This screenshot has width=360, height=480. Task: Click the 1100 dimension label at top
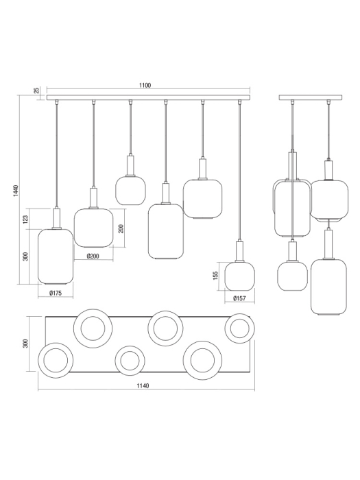point(144,86)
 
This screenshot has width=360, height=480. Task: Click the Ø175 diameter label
point(56,293)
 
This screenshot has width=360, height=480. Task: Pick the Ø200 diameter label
point(93,256)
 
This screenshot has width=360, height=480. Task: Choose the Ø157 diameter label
point(239,298)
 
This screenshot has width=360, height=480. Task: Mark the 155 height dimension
point(215,276)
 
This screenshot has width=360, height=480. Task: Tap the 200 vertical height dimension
point(121,228)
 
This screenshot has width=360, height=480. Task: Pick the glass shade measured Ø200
point(93,226)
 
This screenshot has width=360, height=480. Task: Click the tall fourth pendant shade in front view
point(165,232)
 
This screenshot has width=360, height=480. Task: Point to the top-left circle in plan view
point(93,329)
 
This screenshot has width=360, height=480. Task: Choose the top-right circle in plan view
point(239,328)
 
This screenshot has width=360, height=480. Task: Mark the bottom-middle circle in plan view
point(128,360)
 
